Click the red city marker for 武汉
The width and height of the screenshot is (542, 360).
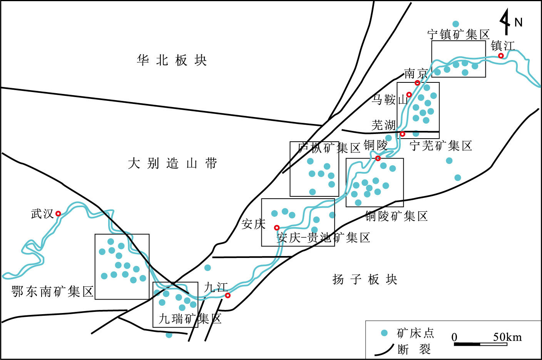coord(58,214)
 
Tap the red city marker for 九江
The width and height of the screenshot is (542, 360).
coord(228,295)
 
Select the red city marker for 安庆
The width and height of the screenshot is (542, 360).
coord(276,228)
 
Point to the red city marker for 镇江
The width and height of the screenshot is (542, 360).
coord(501,56)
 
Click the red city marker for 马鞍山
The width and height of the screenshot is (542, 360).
coord(409,95)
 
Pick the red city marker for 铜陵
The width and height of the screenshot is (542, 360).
coord(378,158)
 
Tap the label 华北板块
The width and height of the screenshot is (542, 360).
coord(172,60)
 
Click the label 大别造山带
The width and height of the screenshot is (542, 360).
coord(172,164)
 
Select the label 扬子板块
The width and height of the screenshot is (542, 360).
coord(364,279)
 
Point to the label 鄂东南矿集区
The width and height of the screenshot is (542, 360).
coord(53,291)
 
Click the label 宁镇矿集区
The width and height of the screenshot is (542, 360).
coord(458,35)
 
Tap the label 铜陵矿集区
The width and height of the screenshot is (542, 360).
coord(396,216)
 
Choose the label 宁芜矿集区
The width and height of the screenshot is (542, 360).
coord(441,146)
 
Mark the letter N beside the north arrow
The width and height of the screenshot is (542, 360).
coord(519,22)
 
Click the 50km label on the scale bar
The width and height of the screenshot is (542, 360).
coord(507,337)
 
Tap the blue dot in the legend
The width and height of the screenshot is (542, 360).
coord(384,333)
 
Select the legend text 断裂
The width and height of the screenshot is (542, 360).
coord(414,349)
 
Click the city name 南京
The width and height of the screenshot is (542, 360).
coord(416,73)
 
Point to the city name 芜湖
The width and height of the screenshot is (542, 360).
coord(383,125)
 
